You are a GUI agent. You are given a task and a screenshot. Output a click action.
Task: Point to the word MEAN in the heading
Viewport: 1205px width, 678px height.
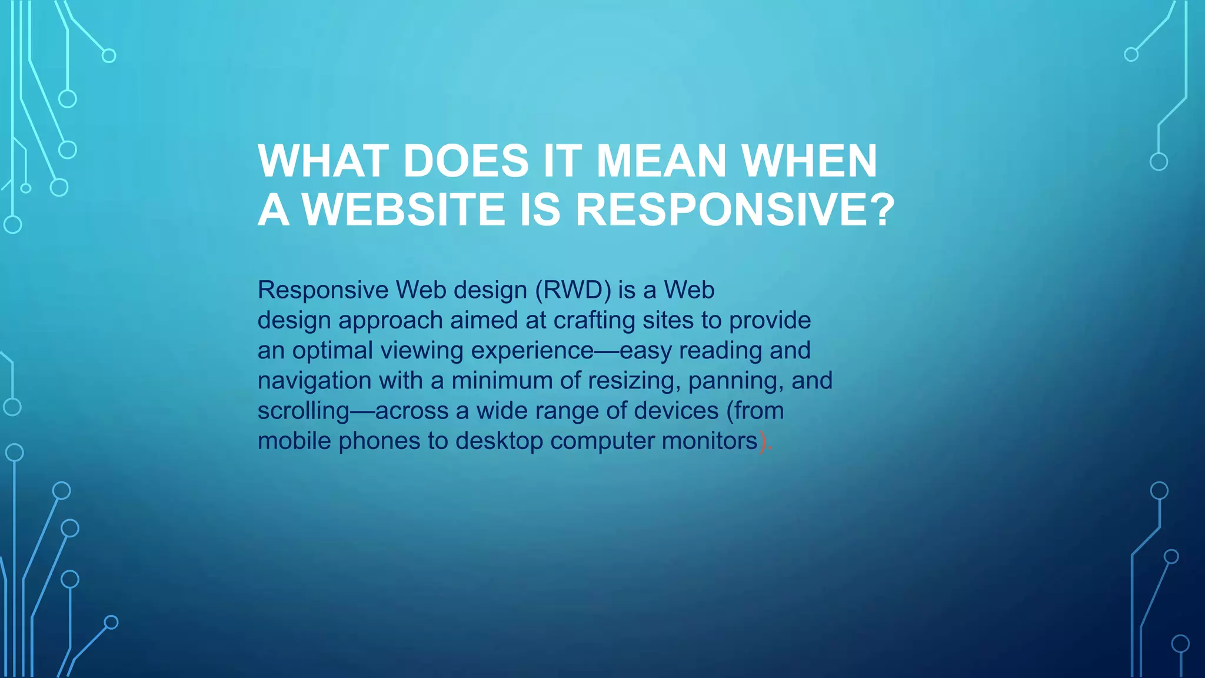(x=662, y=161)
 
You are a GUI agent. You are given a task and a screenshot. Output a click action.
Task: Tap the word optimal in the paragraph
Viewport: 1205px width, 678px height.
(x=333, y=351)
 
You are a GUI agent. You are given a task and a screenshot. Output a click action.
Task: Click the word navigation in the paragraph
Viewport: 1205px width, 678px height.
(x=315, y=381)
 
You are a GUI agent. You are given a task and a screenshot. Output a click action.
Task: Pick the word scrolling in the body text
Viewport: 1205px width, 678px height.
(x=304, y=411)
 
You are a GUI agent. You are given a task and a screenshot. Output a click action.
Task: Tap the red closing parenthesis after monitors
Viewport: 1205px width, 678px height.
(x=763, y=441)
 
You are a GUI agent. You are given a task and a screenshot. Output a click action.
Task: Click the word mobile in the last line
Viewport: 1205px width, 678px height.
(x=294, y=441)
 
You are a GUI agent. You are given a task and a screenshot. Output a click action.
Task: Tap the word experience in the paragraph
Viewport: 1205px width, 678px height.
(x=532, y=351)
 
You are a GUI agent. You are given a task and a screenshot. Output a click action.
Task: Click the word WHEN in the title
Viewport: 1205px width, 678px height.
(x=809, y=161)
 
